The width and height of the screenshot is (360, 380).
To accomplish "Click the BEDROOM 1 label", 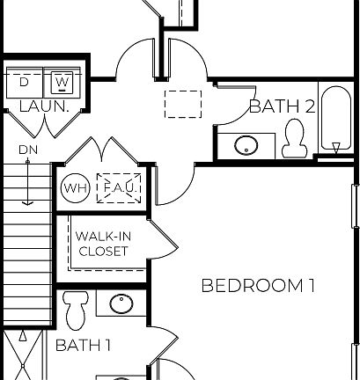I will click(x=258, y=285).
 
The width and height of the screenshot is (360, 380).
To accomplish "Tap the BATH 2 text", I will click(x=282, y=107).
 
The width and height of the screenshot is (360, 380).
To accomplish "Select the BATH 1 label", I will click(x=83, y=345).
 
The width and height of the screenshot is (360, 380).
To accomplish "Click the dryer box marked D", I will click(x=25, y=82).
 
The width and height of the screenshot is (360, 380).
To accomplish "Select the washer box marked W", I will click(x=61, y=82).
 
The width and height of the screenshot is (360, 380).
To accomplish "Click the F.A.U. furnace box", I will click(x=118, y=187).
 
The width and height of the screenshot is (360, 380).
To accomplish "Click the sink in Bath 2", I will click(x=246, y=143).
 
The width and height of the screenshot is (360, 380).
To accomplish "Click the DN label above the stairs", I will click(x=27, y=150).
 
